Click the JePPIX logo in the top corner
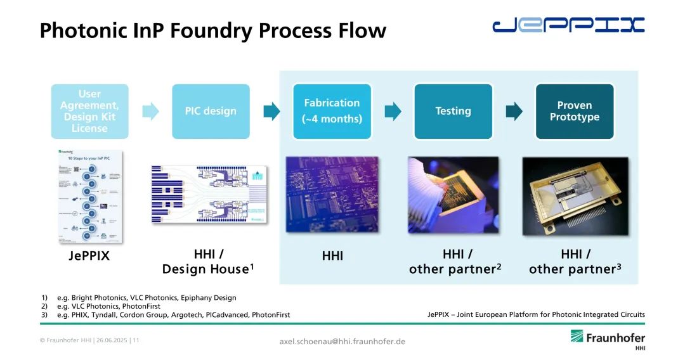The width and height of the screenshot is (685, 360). [568, 25]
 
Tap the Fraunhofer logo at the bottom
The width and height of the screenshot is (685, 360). [607, 338]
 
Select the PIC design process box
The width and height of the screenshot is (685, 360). [211, 112]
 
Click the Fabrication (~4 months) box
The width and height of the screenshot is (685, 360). [332, 112]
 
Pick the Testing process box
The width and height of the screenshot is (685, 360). [453, 112]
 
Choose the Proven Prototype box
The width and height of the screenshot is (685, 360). [575, 112]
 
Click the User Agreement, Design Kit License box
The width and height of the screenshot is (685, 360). [89, 112]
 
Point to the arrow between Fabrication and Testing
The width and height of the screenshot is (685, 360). [393, 112]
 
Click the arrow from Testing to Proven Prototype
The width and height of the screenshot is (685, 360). [514, 112]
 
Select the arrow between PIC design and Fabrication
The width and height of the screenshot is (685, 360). [271, 112]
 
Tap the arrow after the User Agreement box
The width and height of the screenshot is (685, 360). [150, 112]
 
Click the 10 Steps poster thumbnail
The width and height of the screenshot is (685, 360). [89, 196]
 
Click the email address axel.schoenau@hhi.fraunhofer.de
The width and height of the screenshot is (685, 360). [342, 341]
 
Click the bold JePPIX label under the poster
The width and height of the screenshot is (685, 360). [89, 257]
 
